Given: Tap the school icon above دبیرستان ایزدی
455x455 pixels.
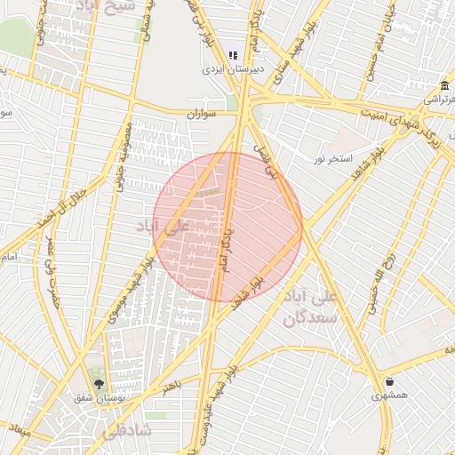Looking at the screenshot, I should click(233, 55).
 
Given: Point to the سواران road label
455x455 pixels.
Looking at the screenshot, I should click(203, 115).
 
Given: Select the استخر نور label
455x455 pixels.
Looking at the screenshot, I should click(331, 159).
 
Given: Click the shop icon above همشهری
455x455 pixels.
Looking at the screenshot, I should click(390, 382).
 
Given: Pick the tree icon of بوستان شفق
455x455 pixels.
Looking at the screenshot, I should click(98, 385).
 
